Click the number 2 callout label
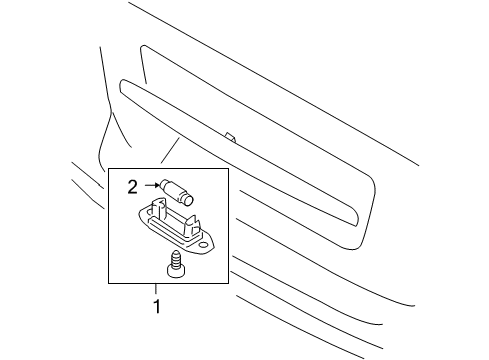click(x=132, y=185)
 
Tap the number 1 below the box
click(x=155, y=299)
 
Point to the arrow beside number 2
click(x=149, y=185)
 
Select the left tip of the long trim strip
click(x=120, y=85)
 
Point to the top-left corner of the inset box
click(x=109, y=168)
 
